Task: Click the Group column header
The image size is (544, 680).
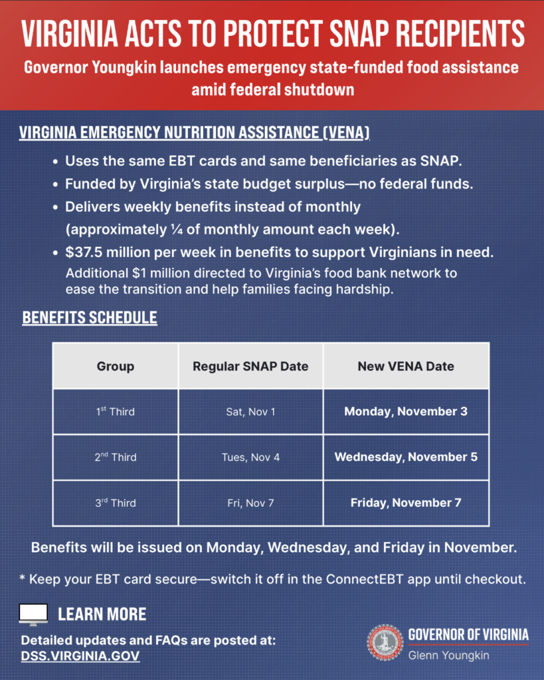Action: [116, 366]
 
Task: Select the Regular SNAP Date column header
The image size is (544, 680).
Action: [250, 366]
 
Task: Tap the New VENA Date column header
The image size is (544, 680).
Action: [406, 366]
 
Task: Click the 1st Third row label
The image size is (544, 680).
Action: [115, 412]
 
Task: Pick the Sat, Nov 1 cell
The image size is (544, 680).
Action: [250, 412]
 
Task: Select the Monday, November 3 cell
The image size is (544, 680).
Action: [406, 412]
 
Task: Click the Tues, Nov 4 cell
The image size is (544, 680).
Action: [250, 458]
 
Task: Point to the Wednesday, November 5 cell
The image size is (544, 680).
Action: [406, 458]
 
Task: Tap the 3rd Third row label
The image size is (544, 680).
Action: [115, 503]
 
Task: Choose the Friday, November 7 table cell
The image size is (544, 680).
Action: [406, 503]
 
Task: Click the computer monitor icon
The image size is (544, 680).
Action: [33, 614]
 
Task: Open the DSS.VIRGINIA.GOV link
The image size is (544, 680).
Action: [80, 656]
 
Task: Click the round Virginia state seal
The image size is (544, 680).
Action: [385, 642]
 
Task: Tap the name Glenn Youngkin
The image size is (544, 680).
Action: [448, 655]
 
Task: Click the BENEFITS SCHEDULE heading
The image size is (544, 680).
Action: [90, 318]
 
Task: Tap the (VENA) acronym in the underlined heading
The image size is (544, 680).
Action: [346, 132]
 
